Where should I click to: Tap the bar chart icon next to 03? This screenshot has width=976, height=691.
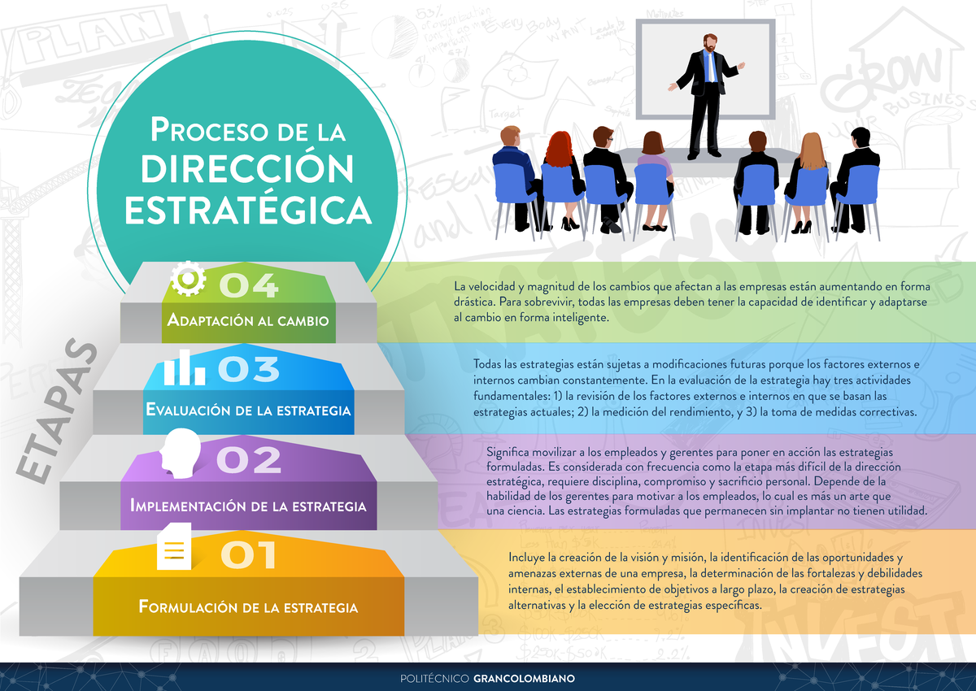(x=184, y=368)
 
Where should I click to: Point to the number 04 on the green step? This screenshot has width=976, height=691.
(x=249, y=285)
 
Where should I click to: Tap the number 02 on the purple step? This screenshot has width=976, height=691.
(x=249, y=460)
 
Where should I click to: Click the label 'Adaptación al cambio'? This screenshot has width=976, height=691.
(x=248, y=320)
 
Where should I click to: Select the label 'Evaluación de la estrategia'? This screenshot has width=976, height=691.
(x=248, y=410)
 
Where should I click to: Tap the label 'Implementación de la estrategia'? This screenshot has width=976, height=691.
(x=248, y=506)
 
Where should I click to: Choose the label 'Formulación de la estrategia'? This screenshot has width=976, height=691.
(x=248, y=607)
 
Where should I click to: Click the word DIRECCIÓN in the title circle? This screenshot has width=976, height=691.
(x=248, y=168)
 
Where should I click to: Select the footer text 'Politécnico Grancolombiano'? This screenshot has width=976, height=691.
(x=488, y=678)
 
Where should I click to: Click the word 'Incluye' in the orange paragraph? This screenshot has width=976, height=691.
(x=527, y=558)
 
